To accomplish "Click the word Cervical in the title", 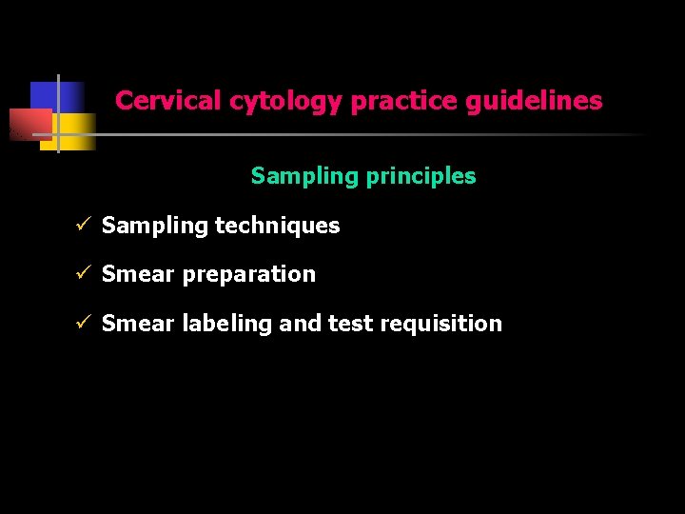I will pos(168,101).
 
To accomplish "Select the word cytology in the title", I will pos(285,102).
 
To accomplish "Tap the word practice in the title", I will pos(404,101).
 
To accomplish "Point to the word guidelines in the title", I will pos(534,101).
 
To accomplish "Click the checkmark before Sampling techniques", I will pos(83,226).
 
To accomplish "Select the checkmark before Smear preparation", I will pos(83,274).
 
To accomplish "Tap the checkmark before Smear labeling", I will pos(83,324).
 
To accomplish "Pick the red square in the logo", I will pos(29,125).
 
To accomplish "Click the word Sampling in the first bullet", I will pos(154,227).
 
